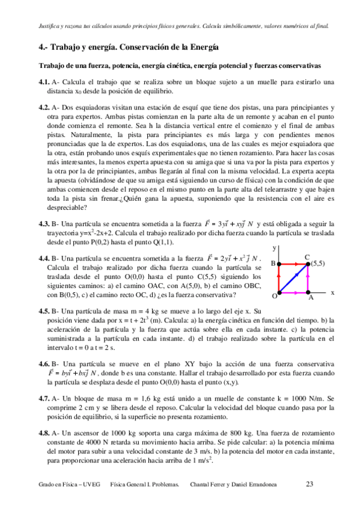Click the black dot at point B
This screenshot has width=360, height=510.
[x=280, y=263]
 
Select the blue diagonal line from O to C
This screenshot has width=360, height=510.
[x=294, y=278]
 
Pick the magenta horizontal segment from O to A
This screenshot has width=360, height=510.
[x=294, y=292]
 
